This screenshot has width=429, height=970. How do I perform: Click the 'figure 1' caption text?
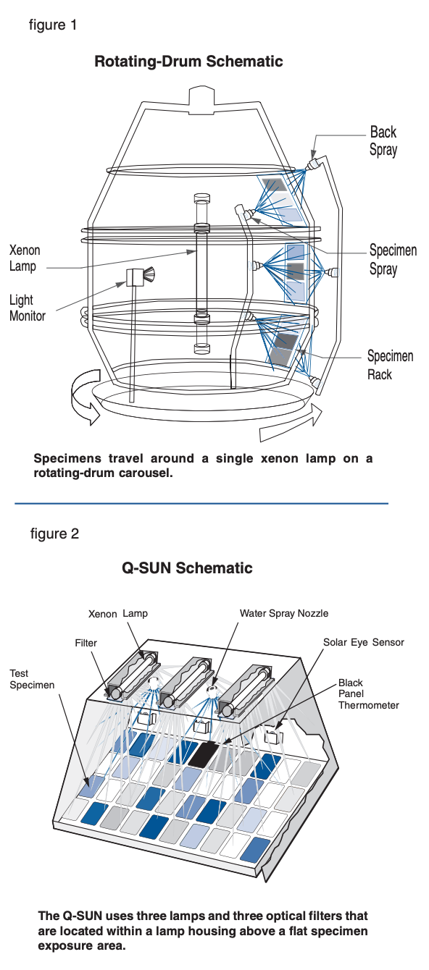52,25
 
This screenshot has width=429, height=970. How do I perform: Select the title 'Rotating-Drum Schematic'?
188,62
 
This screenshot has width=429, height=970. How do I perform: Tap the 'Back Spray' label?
383,141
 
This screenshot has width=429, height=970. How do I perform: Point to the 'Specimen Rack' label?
390,365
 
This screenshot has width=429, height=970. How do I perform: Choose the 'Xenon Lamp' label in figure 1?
25,258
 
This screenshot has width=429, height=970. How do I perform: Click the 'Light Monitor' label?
28,308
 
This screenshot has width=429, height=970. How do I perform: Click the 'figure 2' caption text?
54,534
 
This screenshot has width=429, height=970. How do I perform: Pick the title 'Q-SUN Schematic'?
187,568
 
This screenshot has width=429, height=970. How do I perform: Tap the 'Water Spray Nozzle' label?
284,613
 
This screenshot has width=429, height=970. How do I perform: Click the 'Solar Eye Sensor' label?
364,642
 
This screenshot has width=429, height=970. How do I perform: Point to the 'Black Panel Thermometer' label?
368,693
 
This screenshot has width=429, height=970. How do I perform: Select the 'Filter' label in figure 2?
86,642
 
